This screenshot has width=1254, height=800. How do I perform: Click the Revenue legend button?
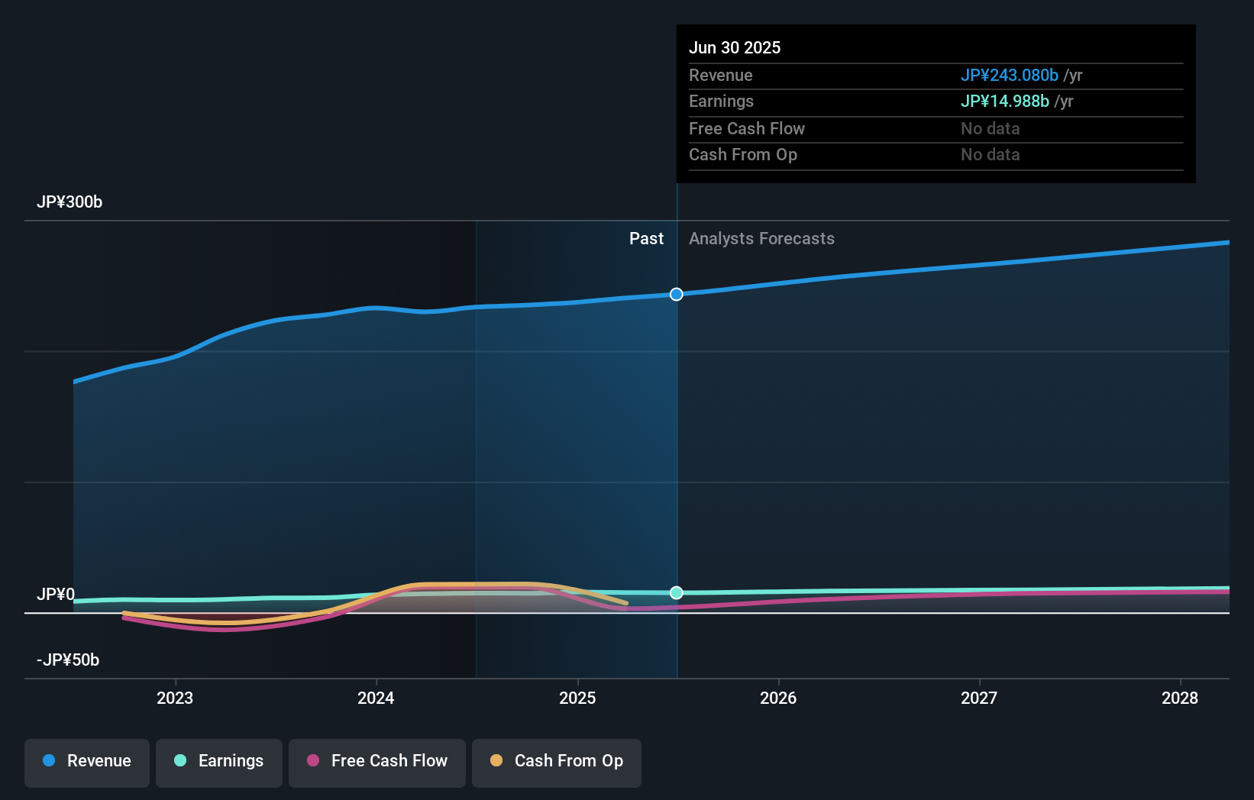(x=87, y=761)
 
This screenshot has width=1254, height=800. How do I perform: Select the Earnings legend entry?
(x=219, y=761)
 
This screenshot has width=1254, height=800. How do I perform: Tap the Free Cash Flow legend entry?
(x=377, y=761)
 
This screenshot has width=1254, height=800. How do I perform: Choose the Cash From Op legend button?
(x=557, y=761)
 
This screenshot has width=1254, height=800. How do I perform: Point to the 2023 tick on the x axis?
(x=175, y=698)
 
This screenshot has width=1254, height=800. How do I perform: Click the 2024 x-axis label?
(x=376, y=698)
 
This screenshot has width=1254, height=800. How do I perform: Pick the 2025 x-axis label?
(x=577, y=698)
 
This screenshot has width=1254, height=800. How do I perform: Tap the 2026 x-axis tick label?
(x=778, y=698)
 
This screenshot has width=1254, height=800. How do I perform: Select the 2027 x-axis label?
(x=979, y=698)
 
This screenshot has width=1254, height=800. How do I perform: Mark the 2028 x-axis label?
(x=1180, y=698)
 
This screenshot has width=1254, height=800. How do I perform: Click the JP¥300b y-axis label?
(x=69, y=202)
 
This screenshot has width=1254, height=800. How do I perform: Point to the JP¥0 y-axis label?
(x=56, y=595)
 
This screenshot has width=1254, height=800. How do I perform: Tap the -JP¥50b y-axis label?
(x=68, y=660)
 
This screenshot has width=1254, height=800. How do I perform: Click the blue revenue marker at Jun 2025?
(x=677, y=295)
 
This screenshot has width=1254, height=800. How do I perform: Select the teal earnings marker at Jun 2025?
(x=677, y=593)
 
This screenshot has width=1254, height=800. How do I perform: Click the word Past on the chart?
(x=646, y=239)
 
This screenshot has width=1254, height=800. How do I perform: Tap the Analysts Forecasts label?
(x=761, y=239)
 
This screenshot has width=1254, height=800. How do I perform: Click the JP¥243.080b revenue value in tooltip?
(x=1009, y=76)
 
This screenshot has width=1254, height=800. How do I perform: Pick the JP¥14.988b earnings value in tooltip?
(x=1004, y=102)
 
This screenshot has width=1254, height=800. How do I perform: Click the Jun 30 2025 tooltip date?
(x=735, y=48)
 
